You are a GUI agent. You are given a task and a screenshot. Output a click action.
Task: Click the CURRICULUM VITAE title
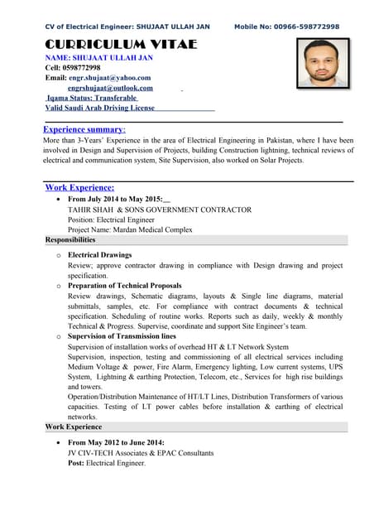pos(121,43)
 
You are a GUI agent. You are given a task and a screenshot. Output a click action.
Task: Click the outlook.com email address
pos(110,88)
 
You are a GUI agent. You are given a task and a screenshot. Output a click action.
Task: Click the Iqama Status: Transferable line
pos(92,98)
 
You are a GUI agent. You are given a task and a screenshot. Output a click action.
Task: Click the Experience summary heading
pos(84,130)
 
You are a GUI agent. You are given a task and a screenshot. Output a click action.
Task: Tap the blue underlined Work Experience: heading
pos(79,188)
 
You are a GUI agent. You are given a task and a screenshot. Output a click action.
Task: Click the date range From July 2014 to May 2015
pos(116,200)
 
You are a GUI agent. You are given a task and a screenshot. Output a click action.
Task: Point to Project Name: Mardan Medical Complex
pos(130,229)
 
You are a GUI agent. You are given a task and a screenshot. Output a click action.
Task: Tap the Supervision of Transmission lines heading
pos(122,337)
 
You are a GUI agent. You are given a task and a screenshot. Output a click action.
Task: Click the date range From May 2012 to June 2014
pos(116,443)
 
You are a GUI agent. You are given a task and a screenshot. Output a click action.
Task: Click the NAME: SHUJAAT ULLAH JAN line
pos(98,58)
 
